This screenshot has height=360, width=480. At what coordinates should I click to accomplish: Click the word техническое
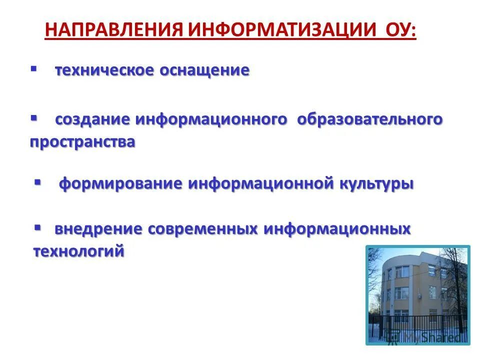click(x=104, y=70)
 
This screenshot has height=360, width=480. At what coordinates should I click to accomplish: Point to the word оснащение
click(x=204, y=70)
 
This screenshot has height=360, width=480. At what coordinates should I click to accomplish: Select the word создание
click(x=92, y=119)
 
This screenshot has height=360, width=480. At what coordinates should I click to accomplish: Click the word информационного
click(x=211, y=119)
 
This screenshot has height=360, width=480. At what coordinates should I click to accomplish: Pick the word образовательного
click(x=370, y=119)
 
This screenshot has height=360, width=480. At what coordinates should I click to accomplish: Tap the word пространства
click(x=82, y=142)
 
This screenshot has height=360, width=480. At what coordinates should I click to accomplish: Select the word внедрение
click(x=91, y=229)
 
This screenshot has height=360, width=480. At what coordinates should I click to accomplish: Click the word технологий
click(x=78, y=251)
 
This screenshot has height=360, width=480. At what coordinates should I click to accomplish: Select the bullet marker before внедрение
click(x=37, y=226)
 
